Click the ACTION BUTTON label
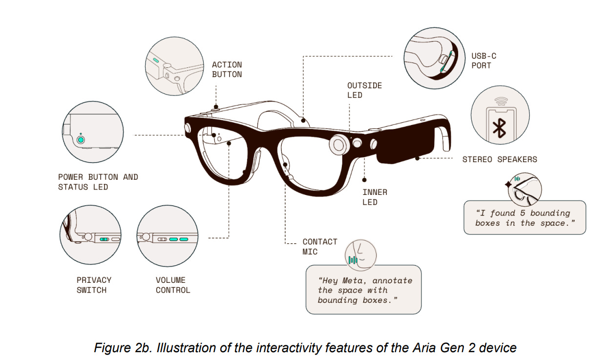coord(227,69)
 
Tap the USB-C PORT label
coord(483,61)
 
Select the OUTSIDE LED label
coord(364,90)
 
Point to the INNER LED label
coord(375,197)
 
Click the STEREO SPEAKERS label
coord(499,159)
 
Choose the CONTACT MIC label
coord(319,247)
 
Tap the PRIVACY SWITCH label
coord(94,285)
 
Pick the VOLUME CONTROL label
coord(173,285)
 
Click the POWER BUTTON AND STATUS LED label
coord(98,182)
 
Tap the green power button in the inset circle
coord(81,140)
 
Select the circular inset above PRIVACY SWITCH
coord(90,236)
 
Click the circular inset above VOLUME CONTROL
coord(168,236)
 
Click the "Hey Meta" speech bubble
coord(363,290)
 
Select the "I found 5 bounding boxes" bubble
coord(524,218)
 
